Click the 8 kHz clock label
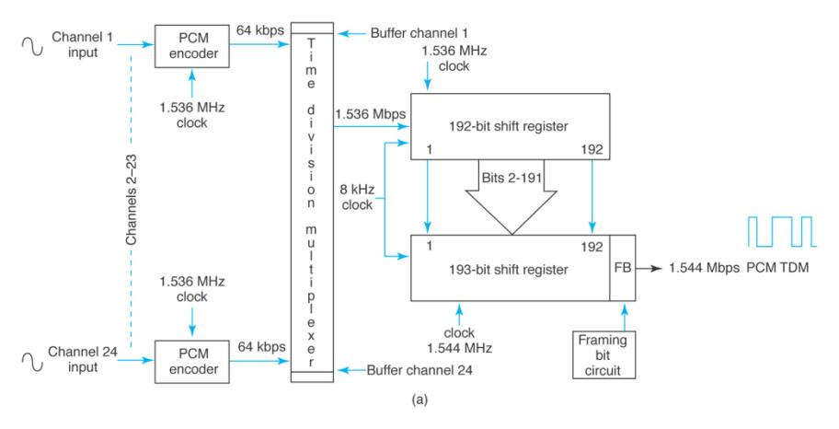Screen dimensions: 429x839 [x=355, y=198]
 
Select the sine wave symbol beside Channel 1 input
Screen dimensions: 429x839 [x=38, y=43]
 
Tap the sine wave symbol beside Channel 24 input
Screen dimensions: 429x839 [x=38, y=362]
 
